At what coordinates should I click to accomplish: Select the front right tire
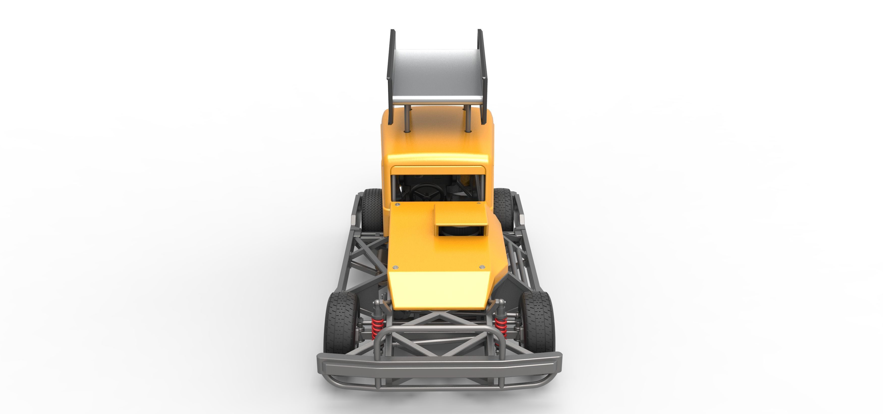click(x=537, y=322)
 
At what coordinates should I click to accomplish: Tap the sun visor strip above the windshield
click(x=438, y=170)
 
